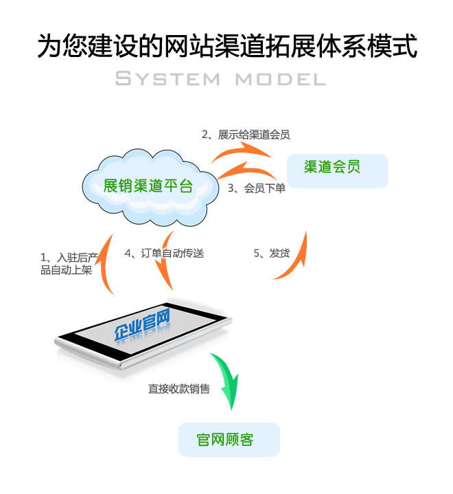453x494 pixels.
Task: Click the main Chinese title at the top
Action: [226, 47]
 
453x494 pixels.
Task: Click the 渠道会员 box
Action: [337, 170]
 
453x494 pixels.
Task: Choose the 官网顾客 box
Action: [229, 440]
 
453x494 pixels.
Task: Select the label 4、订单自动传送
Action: [164, 253]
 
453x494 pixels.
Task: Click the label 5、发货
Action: [271, 253]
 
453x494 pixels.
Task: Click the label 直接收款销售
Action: [179, 389]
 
